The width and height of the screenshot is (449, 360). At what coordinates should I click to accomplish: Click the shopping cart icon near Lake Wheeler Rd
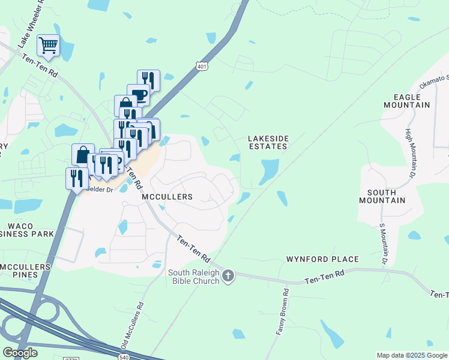(x=48, y=44)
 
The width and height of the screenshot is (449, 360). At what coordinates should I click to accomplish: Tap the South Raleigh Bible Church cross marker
(x=228, y=276)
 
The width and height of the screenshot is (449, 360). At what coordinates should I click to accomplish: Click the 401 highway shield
(x=202, y=68)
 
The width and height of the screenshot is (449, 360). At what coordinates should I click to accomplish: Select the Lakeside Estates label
(x=268, y=142)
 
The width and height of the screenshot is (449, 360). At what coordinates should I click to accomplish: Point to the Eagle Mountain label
(x=412, y=100)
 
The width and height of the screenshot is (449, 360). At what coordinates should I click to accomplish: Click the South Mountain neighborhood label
(x=382, y=196)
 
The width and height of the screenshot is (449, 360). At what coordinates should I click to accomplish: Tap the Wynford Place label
(x=322, y=259)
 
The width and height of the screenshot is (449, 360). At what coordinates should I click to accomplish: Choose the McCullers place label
(x=167, y=197)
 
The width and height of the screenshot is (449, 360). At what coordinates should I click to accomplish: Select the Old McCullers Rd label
(x=133, y=324)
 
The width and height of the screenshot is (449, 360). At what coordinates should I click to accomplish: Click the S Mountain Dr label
(x=382, y=244)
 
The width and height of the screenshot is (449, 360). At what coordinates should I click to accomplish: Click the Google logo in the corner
(x=20, y=353)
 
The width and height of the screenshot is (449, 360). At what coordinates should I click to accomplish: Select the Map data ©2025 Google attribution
(x=412, y=355)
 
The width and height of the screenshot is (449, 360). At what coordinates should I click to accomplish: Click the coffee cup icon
(x=138, y=95)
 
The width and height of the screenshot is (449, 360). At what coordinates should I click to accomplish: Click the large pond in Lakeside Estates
(x=268, y=170)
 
